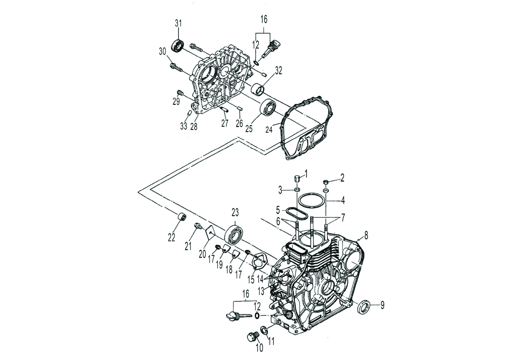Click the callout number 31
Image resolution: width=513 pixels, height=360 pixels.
tap(178, 24)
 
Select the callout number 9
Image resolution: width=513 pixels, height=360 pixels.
tap(382, 306)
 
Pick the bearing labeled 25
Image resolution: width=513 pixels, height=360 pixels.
tap(268, 108)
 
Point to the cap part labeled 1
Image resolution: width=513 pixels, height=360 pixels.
tap(297, 179)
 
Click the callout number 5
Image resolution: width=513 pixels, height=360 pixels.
tap(278, 209)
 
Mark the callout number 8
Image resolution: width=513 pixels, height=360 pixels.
tap(366, 237)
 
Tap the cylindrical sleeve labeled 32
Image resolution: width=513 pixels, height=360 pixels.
tap(259, 89)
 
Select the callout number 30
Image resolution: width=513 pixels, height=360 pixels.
tap(162, 51)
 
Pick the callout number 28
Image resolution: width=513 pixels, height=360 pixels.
tap(194, 126)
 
